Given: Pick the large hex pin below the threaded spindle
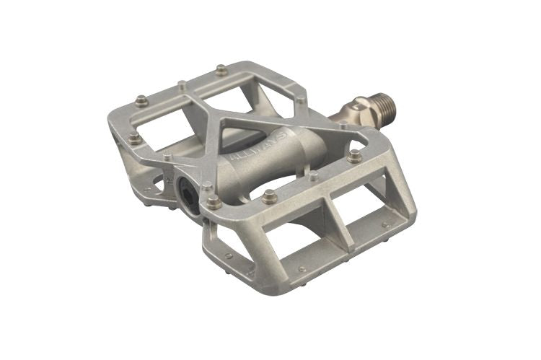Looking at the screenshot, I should [x=354, y=154].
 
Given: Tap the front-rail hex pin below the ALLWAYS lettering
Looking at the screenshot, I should [x=269, y=196].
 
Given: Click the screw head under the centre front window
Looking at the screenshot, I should [x=302, y=270].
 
